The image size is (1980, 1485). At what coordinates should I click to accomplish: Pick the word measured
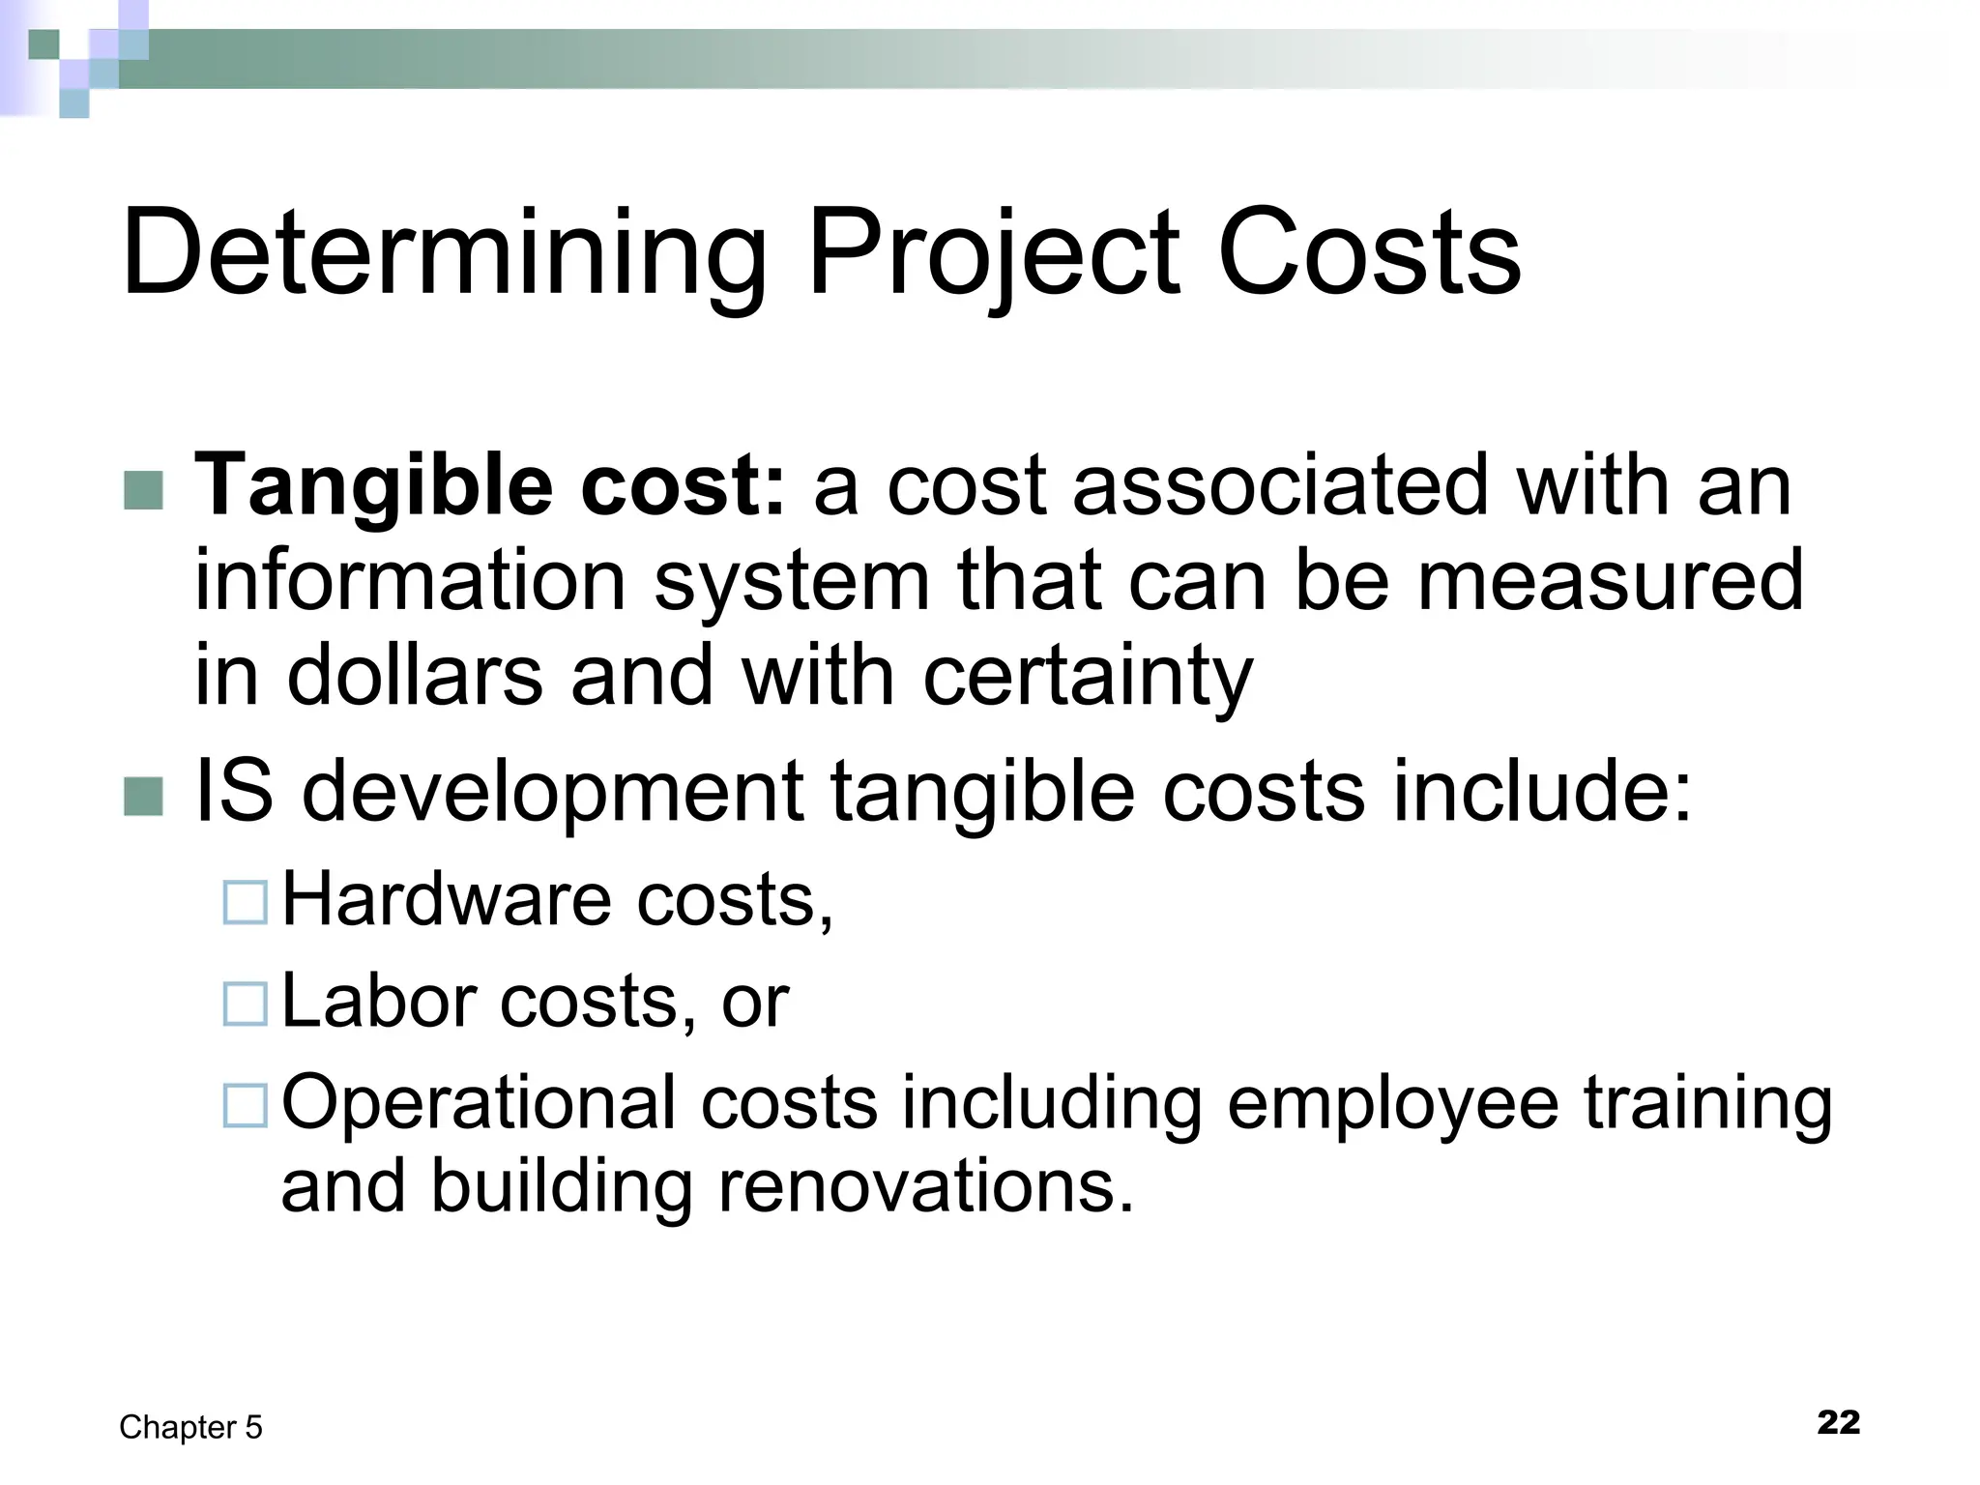(x=1610, y=581)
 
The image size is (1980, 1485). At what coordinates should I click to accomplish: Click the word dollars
(x=415, y=675)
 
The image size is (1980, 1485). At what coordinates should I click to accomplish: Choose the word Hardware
(x=447, y=900)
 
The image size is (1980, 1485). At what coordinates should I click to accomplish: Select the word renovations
(x=925, y=1187)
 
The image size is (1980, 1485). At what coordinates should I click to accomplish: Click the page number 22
(x=1838, y=1423)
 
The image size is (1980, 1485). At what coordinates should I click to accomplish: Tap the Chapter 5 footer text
(x=190, y=1428)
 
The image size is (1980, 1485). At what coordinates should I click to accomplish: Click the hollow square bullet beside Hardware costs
(x=245, y=903)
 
